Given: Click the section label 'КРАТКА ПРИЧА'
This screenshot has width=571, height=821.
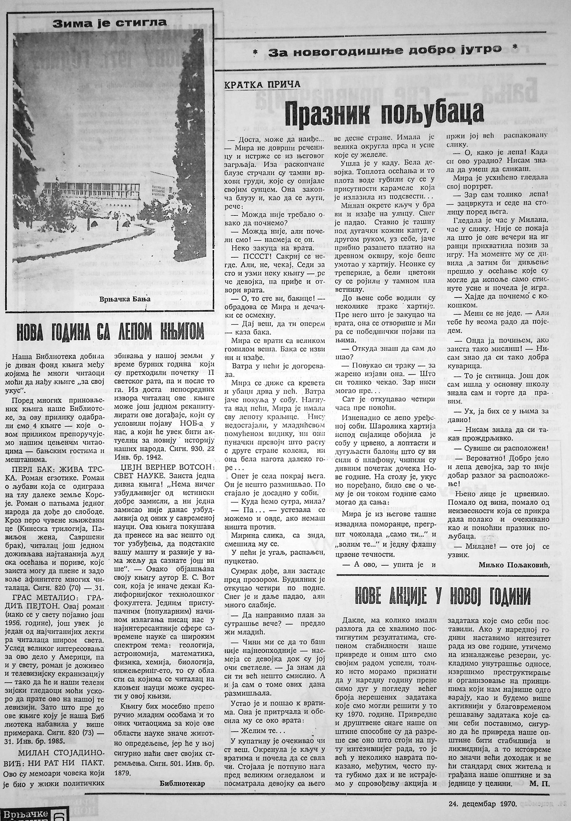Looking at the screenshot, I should coord(262,84).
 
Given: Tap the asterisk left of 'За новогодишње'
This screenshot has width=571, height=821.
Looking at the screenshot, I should coord(255,51).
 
